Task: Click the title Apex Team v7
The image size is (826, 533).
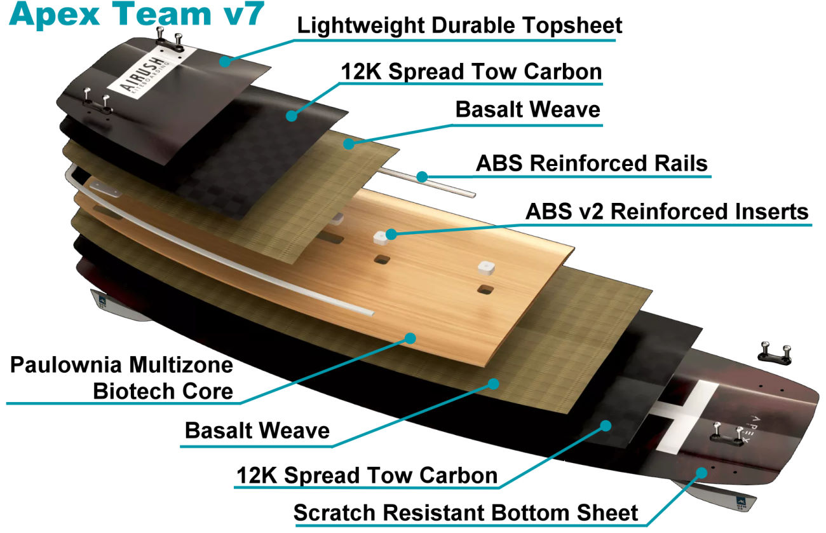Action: (x=133, y=15)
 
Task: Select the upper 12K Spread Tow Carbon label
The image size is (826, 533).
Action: (x=471, y=72)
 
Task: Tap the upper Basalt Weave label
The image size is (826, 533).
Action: (x=527, y=109)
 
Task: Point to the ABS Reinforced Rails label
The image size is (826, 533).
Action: (x=592, y=163)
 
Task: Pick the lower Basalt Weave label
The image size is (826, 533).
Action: (x=257, y=431)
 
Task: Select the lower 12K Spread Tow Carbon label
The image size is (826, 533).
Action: (x=367, y=475)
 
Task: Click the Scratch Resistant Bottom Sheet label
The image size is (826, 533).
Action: (x=466, y=512)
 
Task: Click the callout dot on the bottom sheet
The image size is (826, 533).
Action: (x=702, y=471)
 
